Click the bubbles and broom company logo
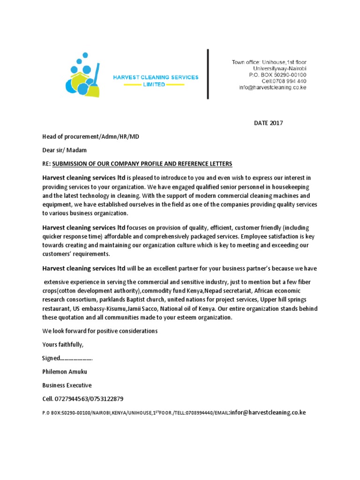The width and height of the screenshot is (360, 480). point(82,76)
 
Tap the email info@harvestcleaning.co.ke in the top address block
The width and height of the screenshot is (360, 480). point(272,88)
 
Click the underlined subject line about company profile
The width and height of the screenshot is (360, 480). point(142,164)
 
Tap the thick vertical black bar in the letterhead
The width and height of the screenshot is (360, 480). point(208,74)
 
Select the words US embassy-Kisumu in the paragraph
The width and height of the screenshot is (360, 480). point(93,309)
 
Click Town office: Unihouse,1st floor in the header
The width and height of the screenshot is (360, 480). point(269,62)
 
